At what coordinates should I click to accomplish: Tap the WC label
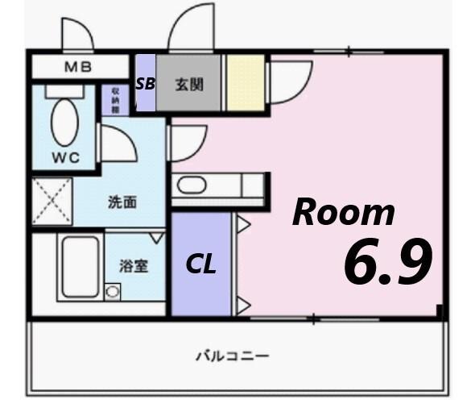(66, 157)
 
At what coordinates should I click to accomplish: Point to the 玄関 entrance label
(188, 82)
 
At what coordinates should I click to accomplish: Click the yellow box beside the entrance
(245, 82)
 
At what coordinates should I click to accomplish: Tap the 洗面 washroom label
(122, 202)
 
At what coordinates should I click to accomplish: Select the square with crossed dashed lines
(52, 202)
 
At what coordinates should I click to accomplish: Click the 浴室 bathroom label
(132, 266)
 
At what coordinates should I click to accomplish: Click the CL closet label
(201, 264)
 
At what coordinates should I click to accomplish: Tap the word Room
(344, 213)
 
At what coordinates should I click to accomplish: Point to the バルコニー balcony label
(232, 355)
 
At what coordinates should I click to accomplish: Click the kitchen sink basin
(192, 185)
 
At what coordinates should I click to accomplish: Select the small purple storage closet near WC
(115, 100)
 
